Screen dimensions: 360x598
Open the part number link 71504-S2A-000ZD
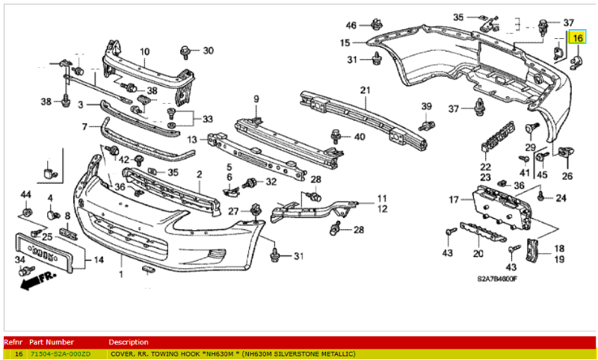pyautogui.click(x=61, y=353)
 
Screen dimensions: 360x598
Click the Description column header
pyautogui.click(x=129, y=342)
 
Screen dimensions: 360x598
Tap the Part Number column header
pyautogui.click(x=52, y=342)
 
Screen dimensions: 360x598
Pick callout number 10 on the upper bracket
pyautogui.click(x=144, y=52)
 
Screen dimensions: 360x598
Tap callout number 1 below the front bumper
pyautogui.click(x=120, y=275)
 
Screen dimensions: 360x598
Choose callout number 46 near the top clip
pyautogui.click(x=351, y=26)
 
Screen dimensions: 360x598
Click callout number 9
pyautogui.click(x=256, y=99)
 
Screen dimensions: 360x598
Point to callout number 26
pyautogui.click(x=567, y=176)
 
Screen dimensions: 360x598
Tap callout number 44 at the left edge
pyautogui.click(x=25, y=195)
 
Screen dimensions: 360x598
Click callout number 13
pyautogui.click(x=192, y=140)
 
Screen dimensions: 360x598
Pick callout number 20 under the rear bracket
pyautogui.click(x=479, y=253)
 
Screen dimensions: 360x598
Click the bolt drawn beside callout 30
pyautogui.click(x=184, y=52)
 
